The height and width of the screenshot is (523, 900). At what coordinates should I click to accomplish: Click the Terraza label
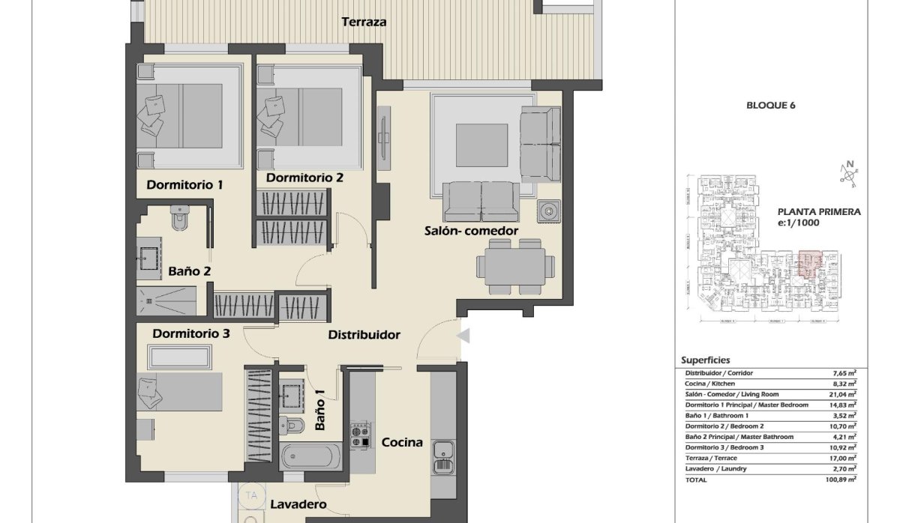click(364, 22)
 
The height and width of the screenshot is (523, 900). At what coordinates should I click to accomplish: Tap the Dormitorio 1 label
click(184, 184)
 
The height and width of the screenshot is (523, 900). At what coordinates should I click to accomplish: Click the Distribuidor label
click(364, 335)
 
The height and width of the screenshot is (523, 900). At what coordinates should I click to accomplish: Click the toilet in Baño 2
click(180, 219)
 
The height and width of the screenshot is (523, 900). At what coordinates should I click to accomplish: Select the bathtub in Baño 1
click(310, 456)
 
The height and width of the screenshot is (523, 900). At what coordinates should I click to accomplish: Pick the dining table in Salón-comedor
click(515, 266)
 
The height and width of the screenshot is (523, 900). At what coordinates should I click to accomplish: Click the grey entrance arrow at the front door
click(463, 336)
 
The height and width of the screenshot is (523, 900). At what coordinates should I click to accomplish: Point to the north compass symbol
click(849, 172)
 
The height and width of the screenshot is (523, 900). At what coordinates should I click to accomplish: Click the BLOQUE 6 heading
click(770, 106)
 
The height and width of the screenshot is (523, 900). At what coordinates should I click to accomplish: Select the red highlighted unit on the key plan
click(809, 265)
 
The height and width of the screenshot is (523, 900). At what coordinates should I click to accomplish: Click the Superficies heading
click(705, 360)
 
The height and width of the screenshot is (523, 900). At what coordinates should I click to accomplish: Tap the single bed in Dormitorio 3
click(180, 391)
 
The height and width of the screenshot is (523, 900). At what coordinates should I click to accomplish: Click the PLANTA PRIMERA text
click(818, 212)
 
